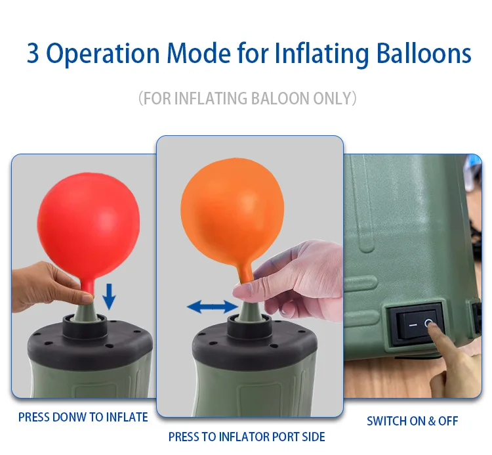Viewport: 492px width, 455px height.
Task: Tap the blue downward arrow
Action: point(109,296)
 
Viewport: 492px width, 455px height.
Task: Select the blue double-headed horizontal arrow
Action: point(212,306)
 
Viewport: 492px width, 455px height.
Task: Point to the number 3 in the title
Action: point(33,53)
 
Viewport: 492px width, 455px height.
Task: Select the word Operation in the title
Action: point(104,53)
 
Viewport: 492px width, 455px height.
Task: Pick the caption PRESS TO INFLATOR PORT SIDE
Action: point(247,437)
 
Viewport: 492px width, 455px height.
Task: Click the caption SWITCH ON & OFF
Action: point(412,421)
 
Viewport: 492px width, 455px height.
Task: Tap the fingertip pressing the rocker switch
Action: point(434,327)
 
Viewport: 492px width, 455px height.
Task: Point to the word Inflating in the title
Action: point(311,53)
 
